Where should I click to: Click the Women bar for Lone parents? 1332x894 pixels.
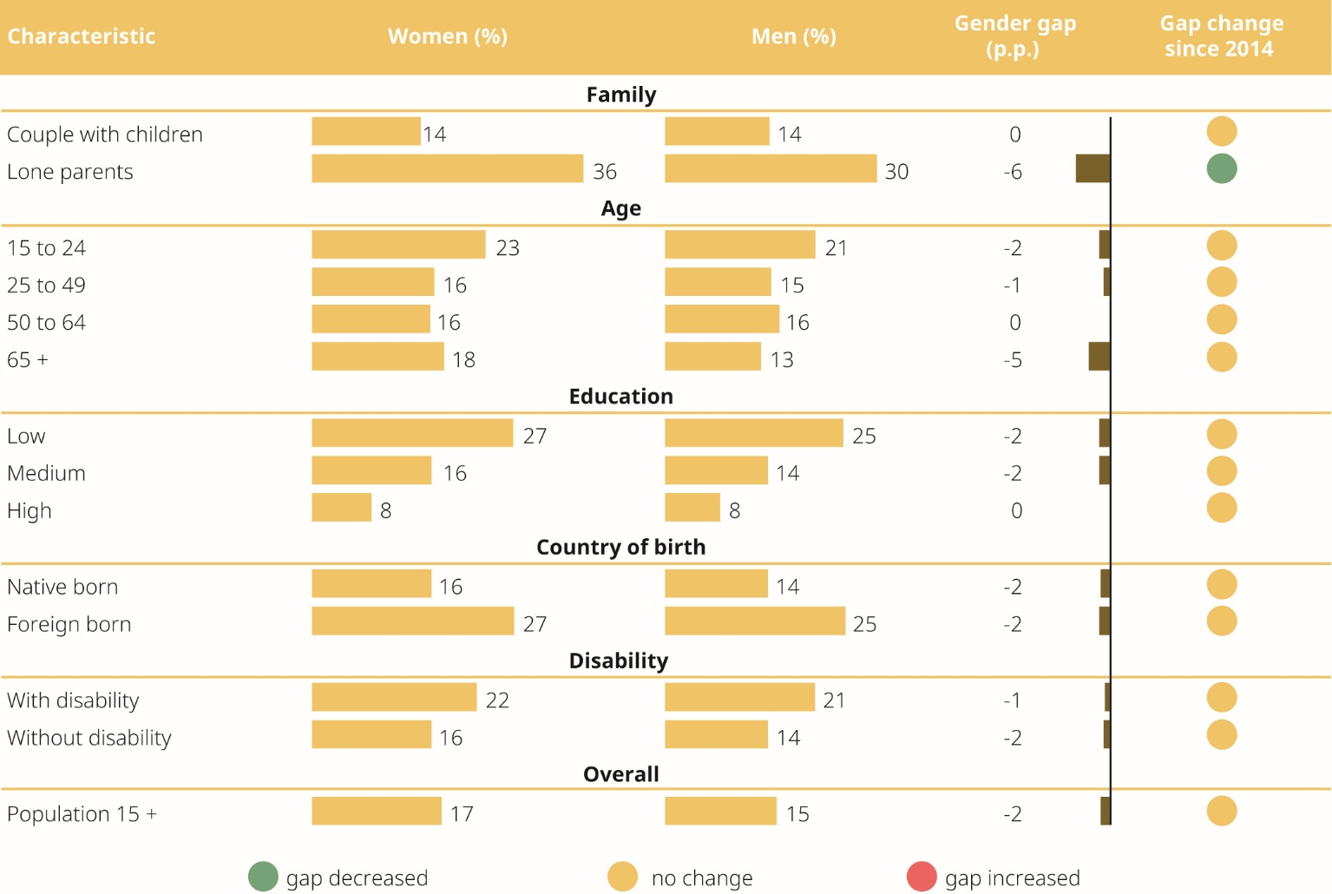pos(447,169)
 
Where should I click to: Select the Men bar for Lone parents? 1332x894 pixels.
pos(771,169)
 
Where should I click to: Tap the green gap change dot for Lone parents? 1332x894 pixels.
pos(1221,169)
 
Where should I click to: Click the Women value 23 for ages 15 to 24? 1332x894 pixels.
pos(508,248)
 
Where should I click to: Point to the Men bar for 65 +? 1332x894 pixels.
pos(712,357)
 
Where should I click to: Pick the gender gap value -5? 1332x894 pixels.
pos(1013,360)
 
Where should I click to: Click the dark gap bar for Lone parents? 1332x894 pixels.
pos(1093,169)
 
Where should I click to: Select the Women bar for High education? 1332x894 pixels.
pos(342,508)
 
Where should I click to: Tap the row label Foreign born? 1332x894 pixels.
pos(69,624)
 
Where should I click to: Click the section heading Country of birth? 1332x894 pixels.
pos(620,547)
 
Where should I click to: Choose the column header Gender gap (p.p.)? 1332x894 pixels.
pos(1014,36)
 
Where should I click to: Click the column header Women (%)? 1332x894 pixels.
pos(447,36)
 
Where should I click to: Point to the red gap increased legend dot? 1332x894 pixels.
pos(922,877)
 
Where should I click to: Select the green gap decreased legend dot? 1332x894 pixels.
pos(263,877)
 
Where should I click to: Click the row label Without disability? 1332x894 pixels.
pos(89,738)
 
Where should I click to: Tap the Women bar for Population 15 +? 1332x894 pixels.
pos(377,812)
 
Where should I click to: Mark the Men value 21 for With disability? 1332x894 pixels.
pos(834,700)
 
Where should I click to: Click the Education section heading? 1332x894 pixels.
pos(620,396)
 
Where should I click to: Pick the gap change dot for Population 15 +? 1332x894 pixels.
pos(1221,812)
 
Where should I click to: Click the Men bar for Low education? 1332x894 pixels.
pos(753,433)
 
